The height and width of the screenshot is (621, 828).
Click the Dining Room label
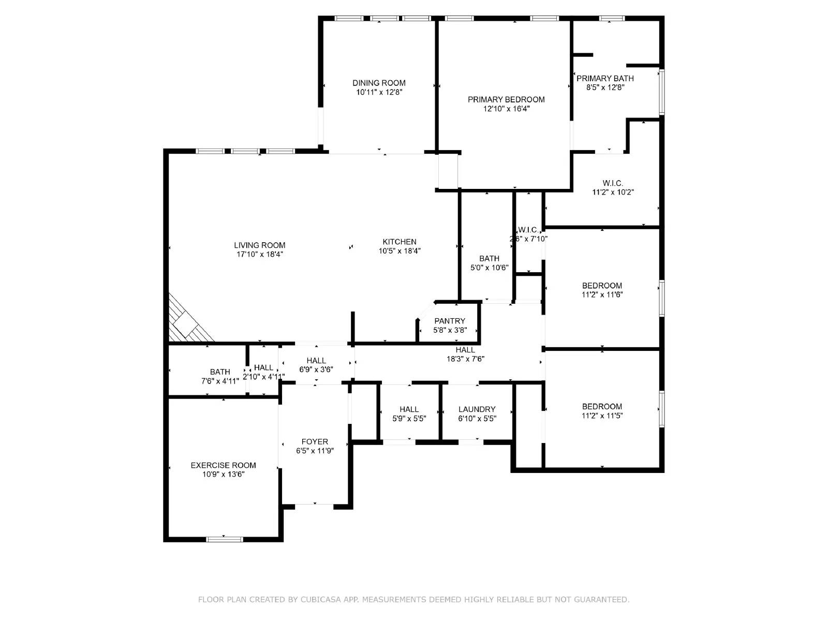[x=379, y=83]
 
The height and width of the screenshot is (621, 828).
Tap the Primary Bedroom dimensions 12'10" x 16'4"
[x=506, y=109]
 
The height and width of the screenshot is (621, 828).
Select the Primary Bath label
[x=605, y=78]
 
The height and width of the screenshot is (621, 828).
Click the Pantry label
[x=450, y=321]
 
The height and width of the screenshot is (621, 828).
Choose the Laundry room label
[x=477, y=409]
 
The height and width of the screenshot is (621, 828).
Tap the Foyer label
[x=315, y=441]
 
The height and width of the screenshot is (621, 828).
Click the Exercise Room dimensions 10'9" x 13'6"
[x=223, y=474]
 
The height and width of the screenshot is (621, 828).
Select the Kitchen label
[x=399, y=242]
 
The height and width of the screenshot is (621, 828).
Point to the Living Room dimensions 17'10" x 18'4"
[x=259, y=254]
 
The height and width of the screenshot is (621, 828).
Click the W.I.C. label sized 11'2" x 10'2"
[x=613, y=183]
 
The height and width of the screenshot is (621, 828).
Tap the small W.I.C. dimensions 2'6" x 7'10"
[x=528, y=239]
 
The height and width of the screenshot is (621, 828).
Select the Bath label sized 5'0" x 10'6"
[x=489, y=258]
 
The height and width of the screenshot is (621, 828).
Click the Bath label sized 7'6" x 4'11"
[x=220, y=372]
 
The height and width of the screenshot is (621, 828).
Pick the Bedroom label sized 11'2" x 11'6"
[x=602, y=286]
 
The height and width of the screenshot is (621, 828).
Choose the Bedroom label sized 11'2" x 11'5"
[x=602, y=406]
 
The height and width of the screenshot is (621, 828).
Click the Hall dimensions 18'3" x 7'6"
[x=465, y=359]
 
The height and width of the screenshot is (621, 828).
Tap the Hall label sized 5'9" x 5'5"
[x=409, y=409]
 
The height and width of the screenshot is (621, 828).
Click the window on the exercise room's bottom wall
[x=224, y=539]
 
